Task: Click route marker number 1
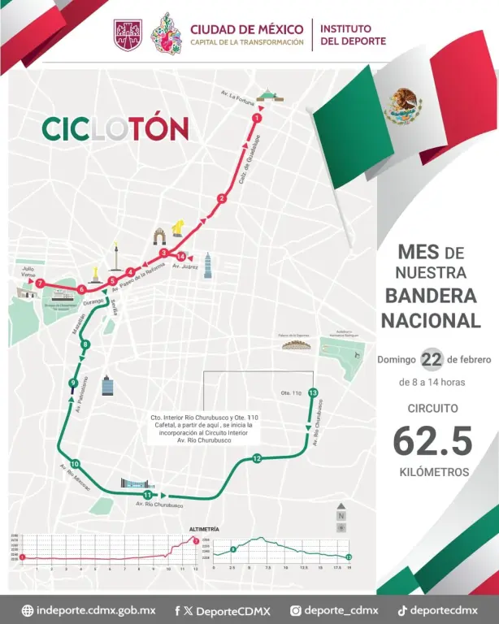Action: click(258, 119)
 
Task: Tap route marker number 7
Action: click(40, 282)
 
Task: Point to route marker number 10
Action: click(75, 462)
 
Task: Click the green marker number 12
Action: click(257, 459)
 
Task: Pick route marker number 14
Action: click(180, 257)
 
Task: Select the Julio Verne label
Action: click(29, 270)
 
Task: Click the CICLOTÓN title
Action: click(115, 128)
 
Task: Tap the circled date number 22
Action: click(431, 359)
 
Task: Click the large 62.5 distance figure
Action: click(432, 441)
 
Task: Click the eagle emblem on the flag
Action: click(402, 106)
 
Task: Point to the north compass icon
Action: click(342, 513)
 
